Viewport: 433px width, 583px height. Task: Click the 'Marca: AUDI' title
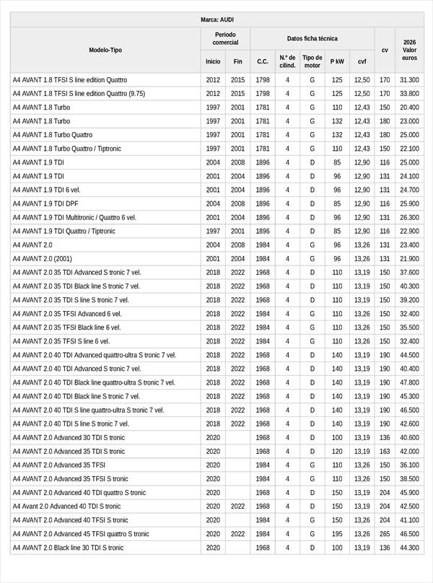216,19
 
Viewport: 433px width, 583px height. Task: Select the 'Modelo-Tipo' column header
105,50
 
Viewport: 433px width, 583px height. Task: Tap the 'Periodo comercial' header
225,38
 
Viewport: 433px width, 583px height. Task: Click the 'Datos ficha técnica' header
312,38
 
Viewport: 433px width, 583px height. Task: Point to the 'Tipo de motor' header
312,61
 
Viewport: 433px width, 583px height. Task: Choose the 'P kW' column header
337,61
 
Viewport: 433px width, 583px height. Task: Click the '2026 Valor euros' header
409,50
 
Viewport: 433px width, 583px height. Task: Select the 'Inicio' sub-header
213,61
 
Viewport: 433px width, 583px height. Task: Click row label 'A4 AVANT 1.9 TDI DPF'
45,203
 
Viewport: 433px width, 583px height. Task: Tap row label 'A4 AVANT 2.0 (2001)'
43,258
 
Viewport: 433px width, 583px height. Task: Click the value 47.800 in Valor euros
409,382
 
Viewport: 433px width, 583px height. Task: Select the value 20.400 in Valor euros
409,108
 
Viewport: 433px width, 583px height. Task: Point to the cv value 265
385,534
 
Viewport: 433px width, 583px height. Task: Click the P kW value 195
337,534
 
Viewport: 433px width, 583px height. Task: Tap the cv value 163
385,451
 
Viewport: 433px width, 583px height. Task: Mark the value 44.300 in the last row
409,548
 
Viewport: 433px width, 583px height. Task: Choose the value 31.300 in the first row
409,80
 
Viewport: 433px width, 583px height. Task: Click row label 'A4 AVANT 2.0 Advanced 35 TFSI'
59,465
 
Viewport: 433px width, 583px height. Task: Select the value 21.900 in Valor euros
409,258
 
